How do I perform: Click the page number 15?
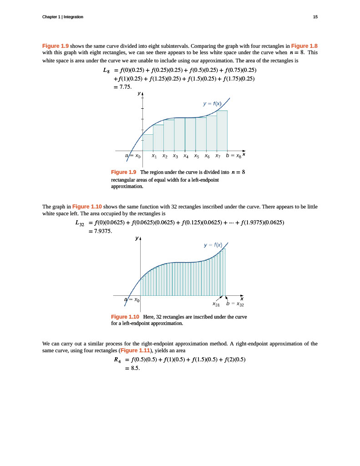pos(315,17)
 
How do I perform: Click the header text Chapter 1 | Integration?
pos(62,17)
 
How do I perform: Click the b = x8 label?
pos(234,156)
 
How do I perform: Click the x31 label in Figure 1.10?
pos(217,304)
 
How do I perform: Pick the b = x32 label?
pos(235,303)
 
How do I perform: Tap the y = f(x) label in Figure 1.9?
pos(213,104)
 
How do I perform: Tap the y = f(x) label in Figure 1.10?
pos(213,245)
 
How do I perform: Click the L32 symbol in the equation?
pos(80,223)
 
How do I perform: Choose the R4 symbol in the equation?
pos(118,360)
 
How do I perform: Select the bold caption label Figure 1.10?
pos(125,316)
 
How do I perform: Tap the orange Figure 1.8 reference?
pos(304,46)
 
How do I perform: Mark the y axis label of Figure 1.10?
pos(137,238)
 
